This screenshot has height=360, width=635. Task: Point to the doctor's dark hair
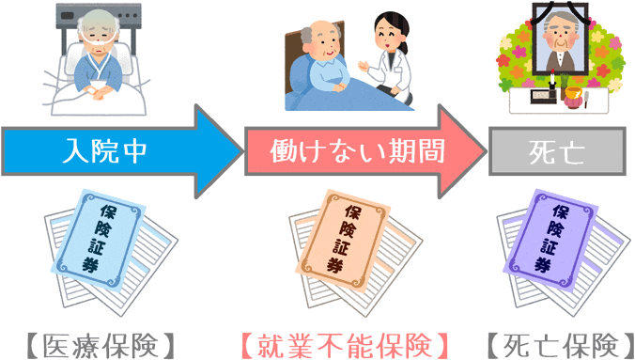coord(386,23)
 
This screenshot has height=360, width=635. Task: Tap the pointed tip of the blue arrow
coord(240,150)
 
